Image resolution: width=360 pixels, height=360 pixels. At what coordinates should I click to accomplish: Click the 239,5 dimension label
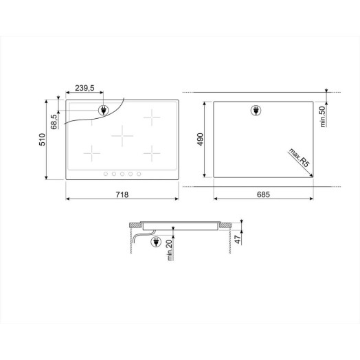85,88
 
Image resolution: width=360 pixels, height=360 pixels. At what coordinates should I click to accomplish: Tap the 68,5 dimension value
54,122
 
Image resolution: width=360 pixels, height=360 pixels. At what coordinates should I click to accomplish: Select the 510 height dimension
42,139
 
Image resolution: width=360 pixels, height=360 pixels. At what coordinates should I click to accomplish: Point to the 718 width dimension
122,194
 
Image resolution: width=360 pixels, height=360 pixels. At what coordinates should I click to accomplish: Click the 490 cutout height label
200,139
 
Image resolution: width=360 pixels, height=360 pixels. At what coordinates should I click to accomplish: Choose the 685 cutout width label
263,194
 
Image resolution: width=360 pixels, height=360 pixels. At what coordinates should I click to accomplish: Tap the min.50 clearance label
323,116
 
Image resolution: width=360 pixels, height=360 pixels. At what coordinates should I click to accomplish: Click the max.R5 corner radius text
299,158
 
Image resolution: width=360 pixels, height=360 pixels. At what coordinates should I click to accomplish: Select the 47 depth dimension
238,240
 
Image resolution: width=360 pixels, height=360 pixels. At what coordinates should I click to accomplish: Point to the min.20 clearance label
170,250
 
